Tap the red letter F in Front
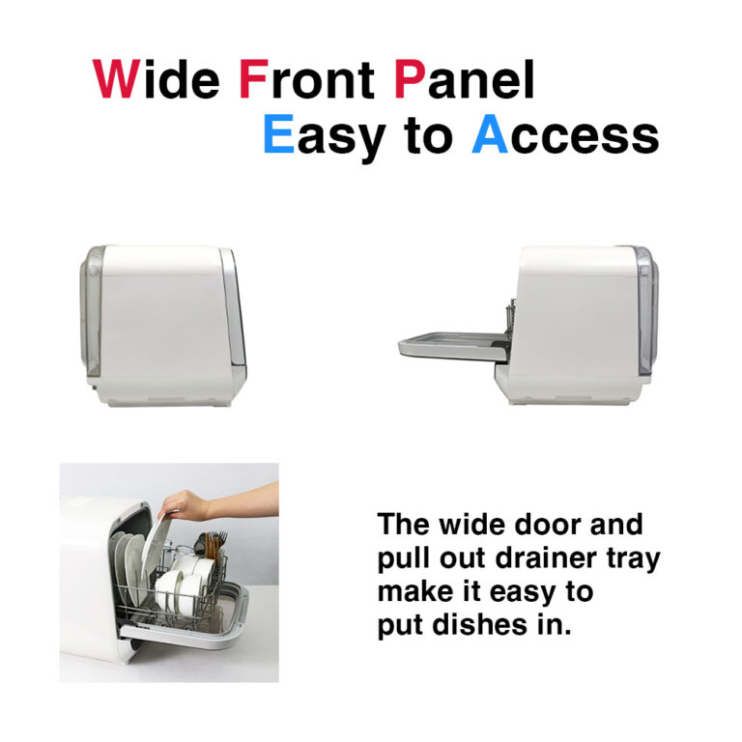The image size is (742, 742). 254,79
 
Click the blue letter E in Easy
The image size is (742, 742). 278,134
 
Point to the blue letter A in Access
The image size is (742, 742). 490,134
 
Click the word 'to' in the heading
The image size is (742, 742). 429,136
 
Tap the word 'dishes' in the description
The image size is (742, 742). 479,625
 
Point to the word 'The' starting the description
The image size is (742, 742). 403,525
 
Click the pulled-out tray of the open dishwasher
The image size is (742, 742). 453,344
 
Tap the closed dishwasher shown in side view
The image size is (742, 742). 162,326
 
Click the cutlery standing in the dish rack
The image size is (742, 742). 214,548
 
